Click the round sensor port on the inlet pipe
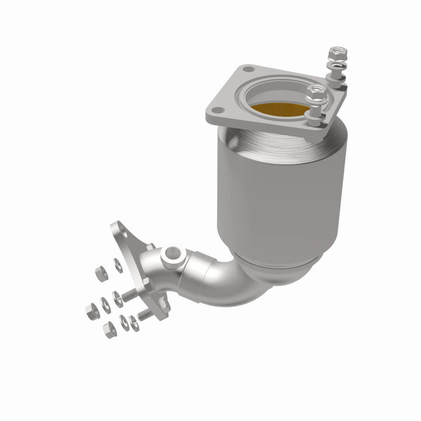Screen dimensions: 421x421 [172, 254]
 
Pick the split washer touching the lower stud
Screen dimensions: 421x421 [134, 321]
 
